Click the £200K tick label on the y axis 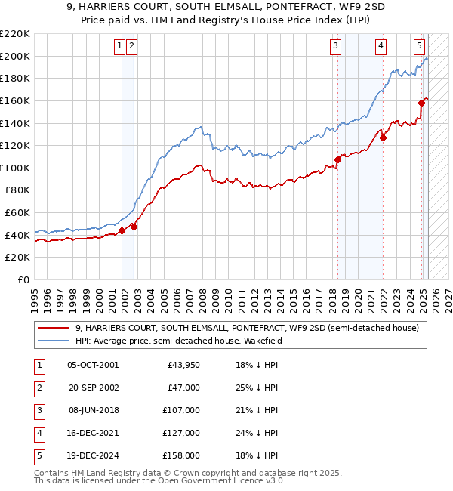(x=15, y=56)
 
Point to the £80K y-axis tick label (x=17, y=190)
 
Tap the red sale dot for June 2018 (x=338, y=159)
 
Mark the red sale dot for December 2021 (x=384, y=137)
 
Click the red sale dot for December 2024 (x=421, y=103)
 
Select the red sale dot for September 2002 (x=134, y=227)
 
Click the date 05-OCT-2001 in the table (x=93, y=366)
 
